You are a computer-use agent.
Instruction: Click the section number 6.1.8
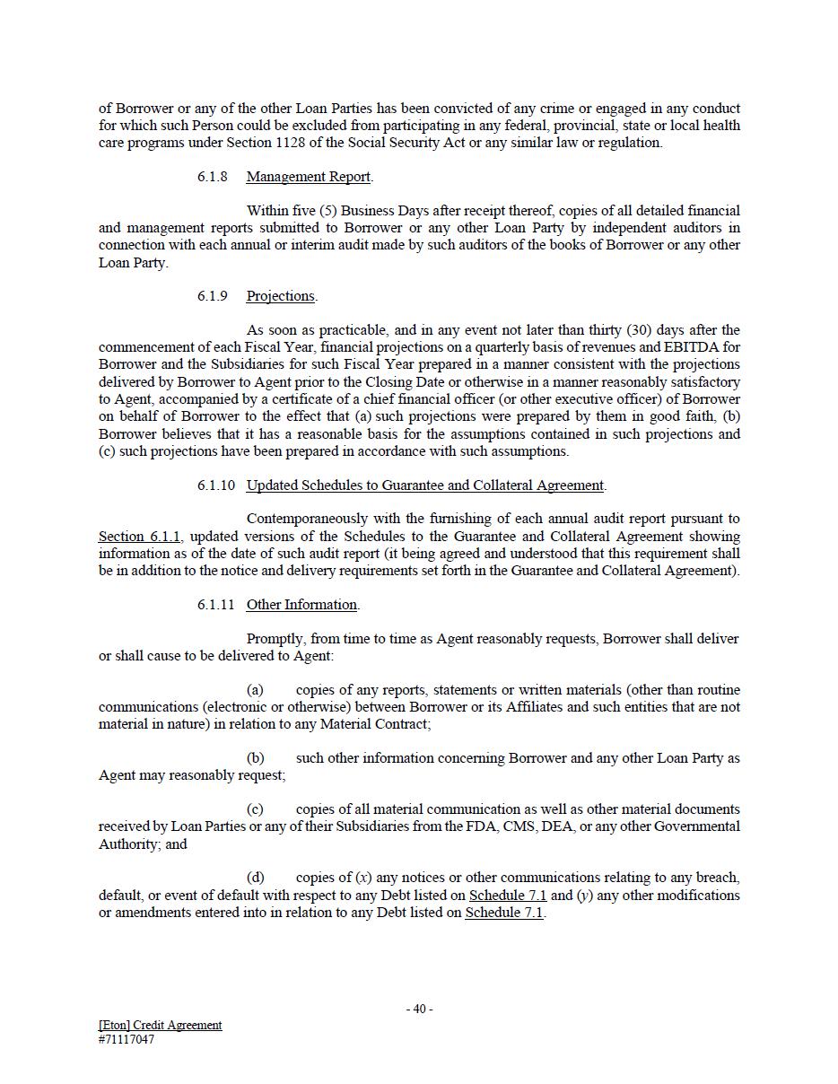tap(213, 177)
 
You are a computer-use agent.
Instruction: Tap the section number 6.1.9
tap(213, 296)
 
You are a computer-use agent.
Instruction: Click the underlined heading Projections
tap(281, 296)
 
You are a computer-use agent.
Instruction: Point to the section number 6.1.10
tap(216, 485)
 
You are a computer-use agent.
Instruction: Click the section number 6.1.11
tap(216, 605)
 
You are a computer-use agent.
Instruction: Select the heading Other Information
tap(301, 605)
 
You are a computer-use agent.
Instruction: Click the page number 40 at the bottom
tap(419, 1009)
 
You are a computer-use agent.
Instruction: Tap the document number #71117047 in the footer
tap(127, 1040)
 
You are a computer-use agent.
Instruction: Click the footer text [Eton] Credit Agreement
tap(160, 1025)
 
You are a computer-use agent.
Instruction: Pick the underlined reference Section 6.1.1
tap(139, 537)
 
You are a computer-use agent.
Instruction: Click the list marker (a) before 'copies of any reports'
tap(255, 690)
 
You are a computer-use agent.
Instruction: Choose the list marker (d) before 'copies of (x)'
tap(255, 878)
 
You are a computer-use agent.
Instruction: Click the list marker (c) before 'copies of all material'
tap(255, 809)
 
